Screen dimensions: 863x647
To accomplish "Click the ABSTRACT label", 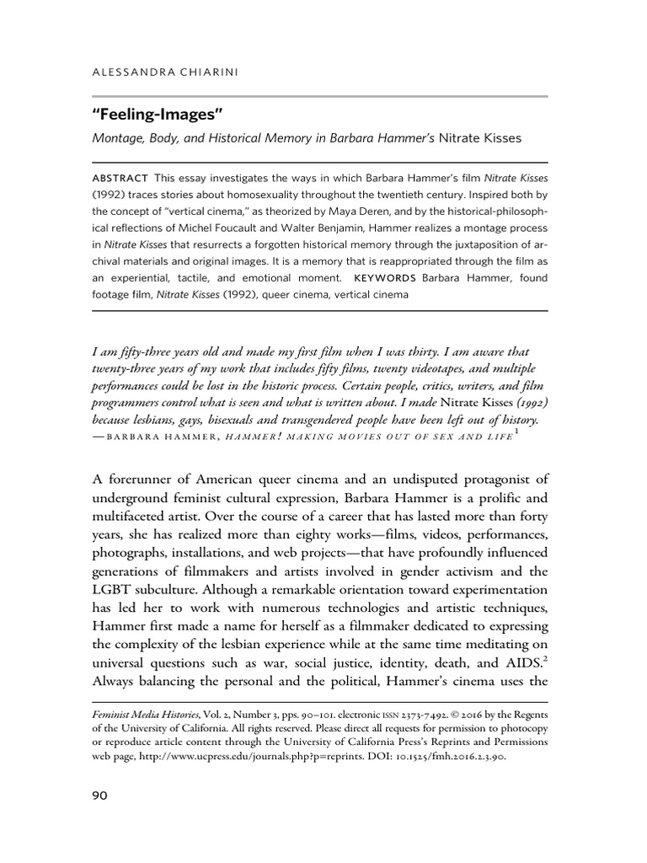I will [119, 178].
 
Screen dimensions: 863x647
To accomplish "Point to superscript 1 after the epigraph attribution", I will [516, 432].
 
